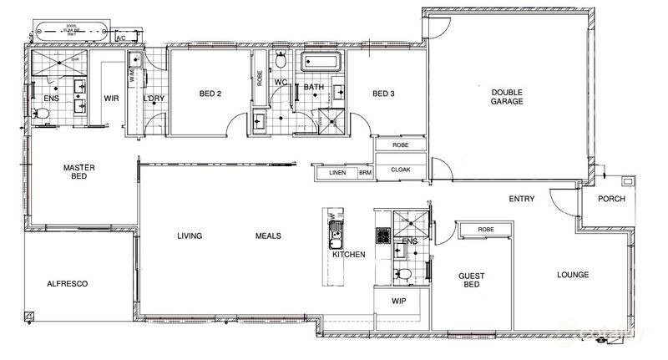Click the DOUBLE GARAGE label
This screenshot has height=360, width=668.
pyautogui.click(x=507, y=96)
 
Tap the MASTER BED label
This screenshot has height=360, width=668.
pyautogui.click(x=79, y=172)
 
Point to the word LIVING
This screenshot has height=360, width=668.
pyautogui.click(x=190, y=236)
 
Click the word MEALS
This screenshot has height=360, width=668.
pyautogui.click(x=268, y=236)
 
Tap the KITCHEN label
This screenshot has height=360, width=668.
pyautogui.click(x=348, y=254)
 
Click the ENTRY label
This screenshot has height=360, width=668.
pyautogui.click(x=522, y=199)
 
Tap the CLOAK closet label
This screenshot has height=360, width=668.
pyautogui.click(x=401, y=170)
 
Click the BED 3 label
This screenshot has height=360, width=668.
pyautogui.click(x=383, y=94)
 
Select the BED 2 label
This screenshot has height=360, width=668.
pyautogui.click(x=210, y=94)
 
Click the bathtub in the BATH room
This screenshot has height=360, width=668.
pyautogui.click(x=321, y=63)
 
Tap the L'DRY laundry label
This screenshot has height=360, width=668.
pyautogui.click(x=153, y=99)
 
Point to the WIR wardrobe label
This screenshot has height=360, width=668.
pyautogui.click(x=112, y=98)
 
